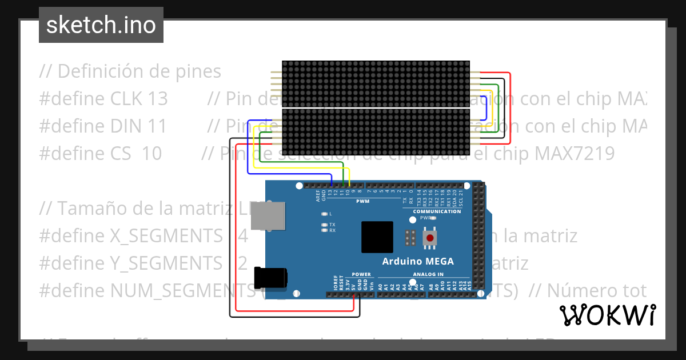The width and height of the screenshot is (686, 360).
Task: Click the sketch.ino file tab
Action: [101, 25]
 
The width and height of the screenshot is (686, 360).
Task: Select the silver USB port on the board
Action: [268, 215]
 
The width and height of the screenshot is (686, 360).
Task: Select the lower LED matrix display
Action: [376, 131]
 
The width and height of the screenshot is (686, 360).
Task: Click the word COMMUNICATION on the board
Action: [437, 211]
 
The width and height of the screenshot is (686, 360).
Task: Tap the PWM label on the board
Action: [362, 202]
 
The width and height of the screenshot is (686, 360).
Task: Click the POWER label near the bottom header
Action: [361, 274]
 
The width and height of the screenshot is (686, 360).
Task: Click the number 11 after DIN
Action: [156, 126]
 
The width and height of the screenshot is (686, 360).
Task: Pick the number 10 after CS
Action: [151, 153]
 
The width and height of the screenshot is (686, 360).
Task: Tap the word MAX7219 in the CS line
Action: [575, 153]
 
